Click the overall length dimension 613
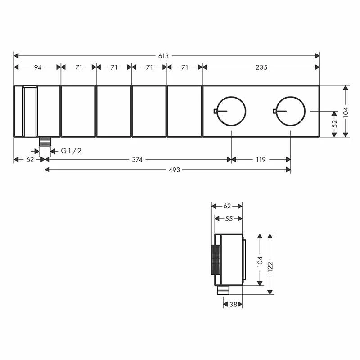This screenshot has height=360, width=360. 163,56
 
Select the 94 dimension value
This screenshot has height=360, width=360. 37,67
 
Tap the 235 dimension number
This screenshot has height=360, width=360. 261,67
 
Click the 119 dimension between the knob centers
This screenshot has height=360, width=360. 261,159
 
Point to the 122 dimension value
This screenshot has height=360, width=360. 270,264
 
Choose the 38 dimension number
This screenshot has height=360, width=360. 233,304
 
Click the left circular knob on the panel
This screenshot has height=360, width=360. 231,111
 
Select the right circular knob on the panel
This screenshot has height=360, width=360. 290,111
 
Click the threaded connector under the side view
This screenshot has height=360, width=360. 222,290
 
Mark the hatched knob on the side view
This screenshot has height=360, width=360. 213,261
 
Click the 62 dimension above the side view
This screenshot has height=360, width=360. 227,207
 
